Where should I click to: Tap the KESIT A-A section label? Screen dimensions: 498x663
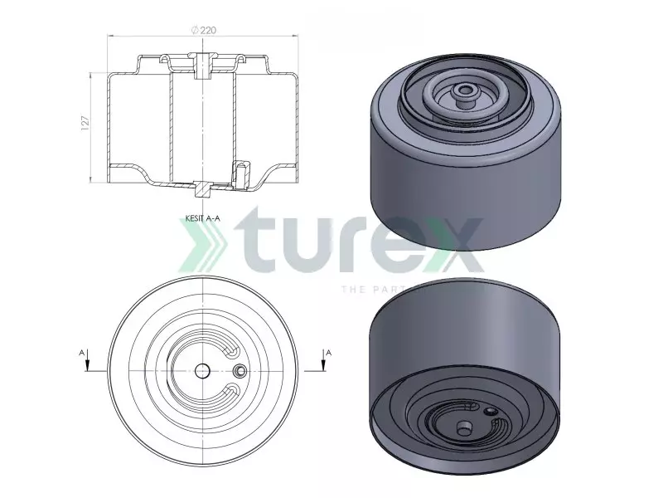click(x=202, y=219)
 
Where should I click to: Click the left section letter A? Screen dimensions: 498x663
click(x=82, y=353)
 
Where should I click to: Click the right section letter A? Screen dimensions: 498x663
click(x=328, y=353)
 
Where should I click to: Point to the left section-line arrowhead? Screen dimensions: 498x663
click(x=88, y=370)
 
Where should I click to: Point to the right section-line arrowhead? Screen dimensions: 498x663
click(x=322, y=370)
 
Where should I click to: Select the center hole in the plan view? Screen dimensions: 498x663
click(x=202, y=370)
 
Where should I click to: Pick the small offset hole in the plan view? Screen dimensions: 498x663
click(x=240, y=370)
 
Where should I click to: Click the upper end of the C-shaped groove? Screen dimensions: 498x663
click(x=235, y=352)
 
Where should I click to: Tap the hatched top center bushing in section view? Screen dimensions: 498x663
click(x=202, y=65)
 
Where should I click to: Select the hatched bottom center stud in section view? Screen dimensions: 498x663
click(x=202, y=188)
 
